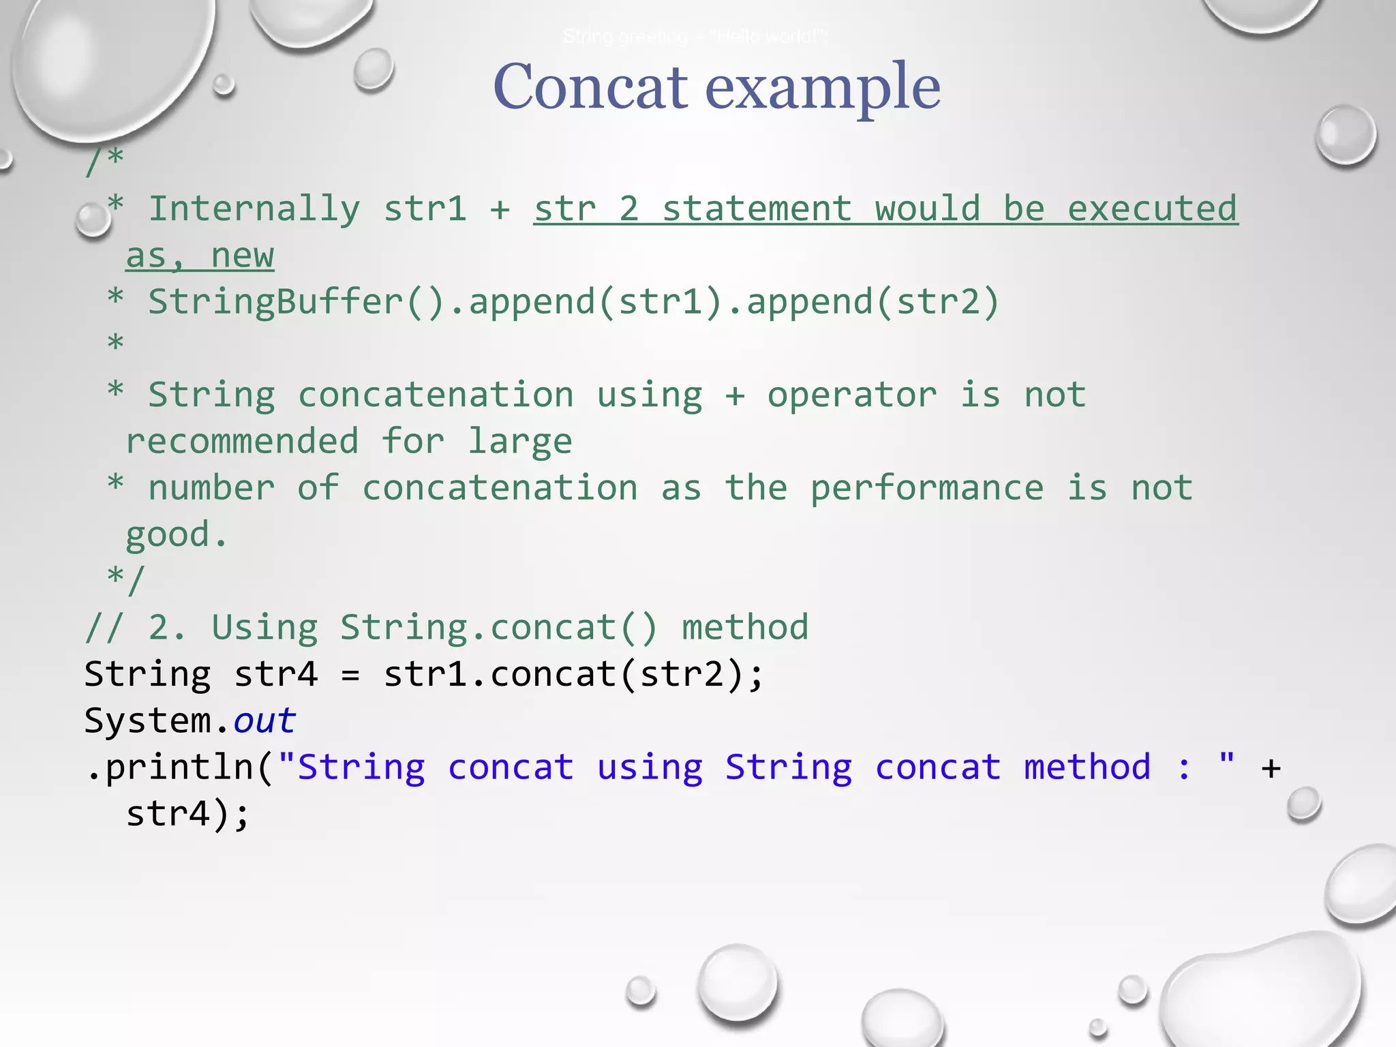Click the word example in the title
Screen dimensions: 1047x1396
pos(823,89)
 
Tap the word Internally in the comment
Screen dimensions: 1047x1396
pos(254,209)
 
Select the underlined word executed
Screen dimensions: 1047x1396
pos(1152,209)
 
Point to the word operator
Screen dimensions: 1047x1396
pos(852,395)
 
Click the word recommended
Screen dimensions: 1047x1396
pos(242,442)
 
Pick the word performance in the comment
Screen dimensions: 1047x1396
pos(926,488)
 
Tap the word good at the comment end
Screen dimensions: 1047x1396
pos(168,535)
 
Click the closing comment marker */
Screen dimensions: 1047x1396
pos(126,580)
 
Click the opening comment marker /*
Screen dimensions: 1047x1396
pos(104,161)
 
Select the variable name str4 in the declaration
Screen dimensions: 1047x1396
pos(276,674)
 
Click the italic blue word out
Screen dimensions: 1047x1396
pos(264,721)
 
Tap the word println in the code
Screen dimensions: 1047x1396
pos(179,768)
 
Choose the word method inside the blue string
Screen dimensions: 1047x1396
pos(1087,768)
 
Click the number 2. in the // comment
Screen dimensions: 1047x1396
pos(166,628)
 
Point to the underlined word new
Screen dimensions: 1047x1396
pos(243,256)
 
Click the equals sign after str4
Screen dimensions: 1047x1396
pos(350,676)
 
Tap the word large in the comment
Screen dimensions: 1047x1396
pos(520,442)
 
